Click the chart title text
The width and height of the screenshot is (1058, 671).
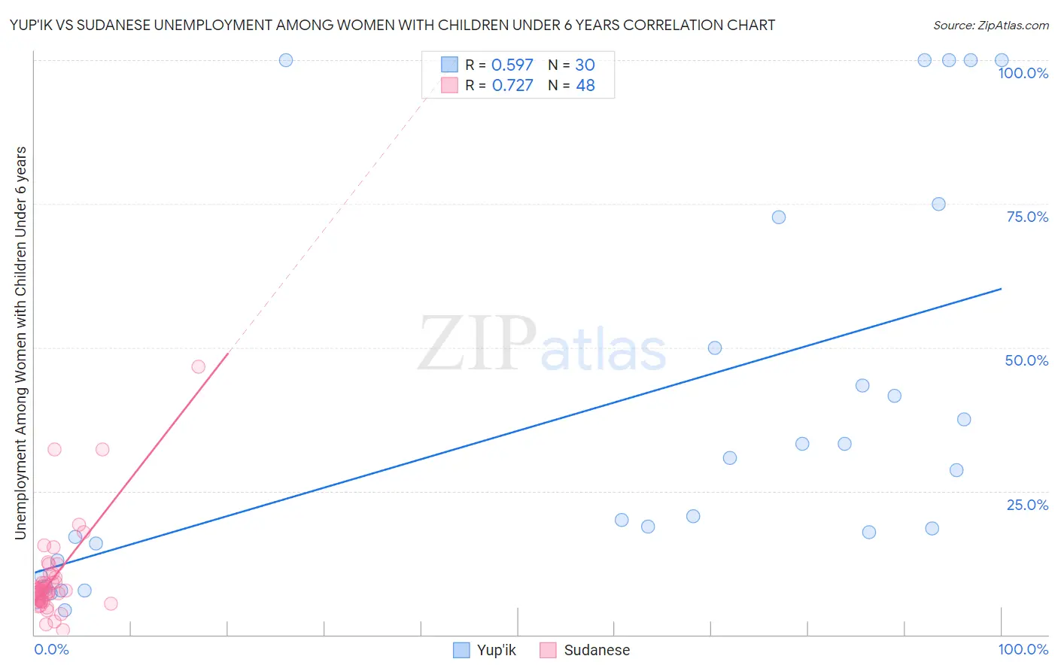coord(392,25)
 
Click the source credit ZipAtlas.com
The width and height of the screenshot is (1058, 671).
coord(990,25)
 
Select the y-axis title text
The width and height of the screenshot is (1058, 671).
coord(20,343)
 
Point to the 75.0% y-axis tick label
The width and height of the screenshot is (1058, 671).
coord(1027,217)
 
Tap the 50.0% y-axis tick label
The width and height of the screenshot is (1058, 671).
coord(1026,360)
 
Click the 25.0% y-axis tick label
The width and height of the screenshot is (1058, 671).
coord(1027,505)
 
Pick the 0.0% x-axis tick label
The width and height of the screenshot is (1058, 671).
coord(51,649)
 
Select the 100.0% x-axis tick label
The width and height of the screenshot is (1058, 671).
coord(1023,649)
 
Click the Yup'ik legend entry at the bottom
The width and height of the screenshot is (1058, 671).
coord(485,650)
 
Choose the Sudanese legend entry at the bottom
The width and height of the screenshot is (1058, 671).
coord(585,650)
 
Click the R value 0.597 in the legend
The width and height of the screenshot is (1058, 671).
coord(512,65)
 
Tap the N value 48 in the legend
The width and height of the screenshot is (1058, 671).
coord(585,86)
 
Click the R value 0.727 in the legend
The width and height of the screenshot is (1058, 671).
coord(512,86)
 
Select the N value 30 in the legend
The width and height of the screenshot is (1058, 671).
coord(585,65)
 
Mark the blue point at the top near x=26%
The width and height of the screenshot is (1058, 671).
coord(286,60)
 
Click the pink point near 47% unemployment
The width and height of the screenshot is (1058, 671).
coord(199,366)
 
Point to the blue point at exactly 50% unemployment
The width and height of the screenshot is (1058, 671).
coord(715,348)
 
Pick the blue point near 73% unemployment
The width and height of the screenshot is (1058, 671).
coord(779,217)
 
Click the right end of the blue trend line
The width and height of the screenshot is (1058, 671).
coord(1001,289)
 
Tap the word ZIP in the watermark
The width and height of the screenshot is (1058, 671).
coord(477,344)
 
